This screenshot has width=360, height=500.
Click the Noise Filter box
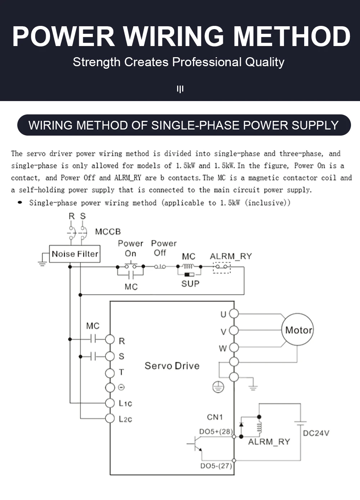tap(75, 254)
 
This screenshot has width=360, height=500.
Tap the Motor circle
tap(297, 329)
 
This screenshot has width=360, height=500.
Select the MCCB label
tap(108, 232)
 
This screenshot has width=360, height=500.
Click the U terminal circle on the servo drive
tap(234, 314)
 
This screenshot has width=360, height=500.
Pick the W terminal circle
tap(234, 347)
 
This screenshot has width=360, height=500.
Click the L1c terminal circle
tap(110, 403)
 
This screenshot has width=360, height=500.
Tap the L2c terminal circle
tap(110, 418)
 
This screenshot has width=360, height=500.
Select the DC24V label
tap(316, 433)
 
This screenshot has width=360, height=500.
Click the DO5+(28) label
tap(216, 431)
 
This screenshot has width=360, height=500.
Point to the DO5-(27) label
tap(216, 466)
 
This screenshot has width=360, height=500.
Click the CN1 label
tap(215, 417)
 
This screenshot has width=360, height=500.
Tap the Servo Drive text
tap(172, 366)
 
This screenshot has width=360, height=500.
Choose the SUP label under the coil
tap(190, 284)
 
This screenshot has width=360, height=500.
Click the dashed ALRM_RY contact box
tap(222, 267)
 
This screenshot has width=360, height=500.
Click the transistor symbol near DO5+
tap(196, 444)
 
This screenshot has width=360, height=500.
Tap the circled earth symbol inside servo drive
tap(218, 387)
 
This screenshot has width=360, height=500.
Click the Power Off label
tap(163, 248)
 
